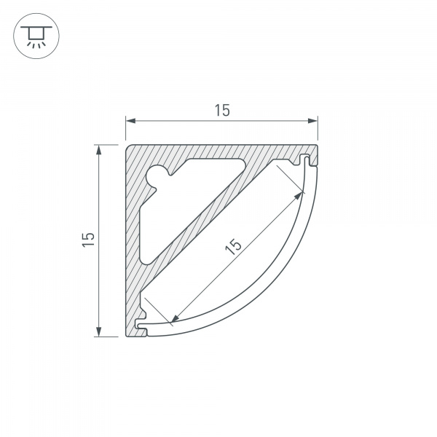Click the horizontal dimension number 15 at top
pyautogui.click(x=222, y=111)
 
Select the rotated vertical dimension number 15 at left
pyautogui.click(x=88, y=239)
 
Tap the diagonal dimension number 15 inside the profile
pyautogui.click(x=233, y=246)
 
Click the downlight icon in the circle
pyautogui.click(x=36, y=36)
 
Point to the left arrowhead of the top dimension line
pyautogui.click(x=130, y=121)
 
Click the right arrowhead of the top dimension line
pyautogui.click(x=312, y=121)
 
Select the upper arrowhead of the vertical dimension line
pyautogui.click(x=98, y=149)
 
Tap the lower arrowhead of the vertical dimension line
pyautogui.click(x=98, y=331)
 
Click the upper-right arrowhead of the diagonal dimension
pyautogui.click(x=299, y=195)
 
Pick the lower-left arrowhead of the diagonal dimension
pyautogui.click(x=175, y=318)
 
